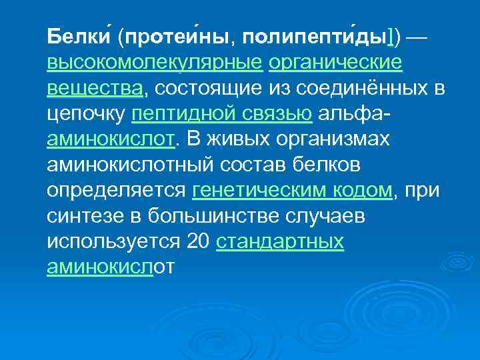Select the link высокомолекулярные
[154, 63]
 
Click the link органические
[335, 63]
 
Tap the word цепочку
[86, 114]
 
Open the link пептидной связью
[222, 114]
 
